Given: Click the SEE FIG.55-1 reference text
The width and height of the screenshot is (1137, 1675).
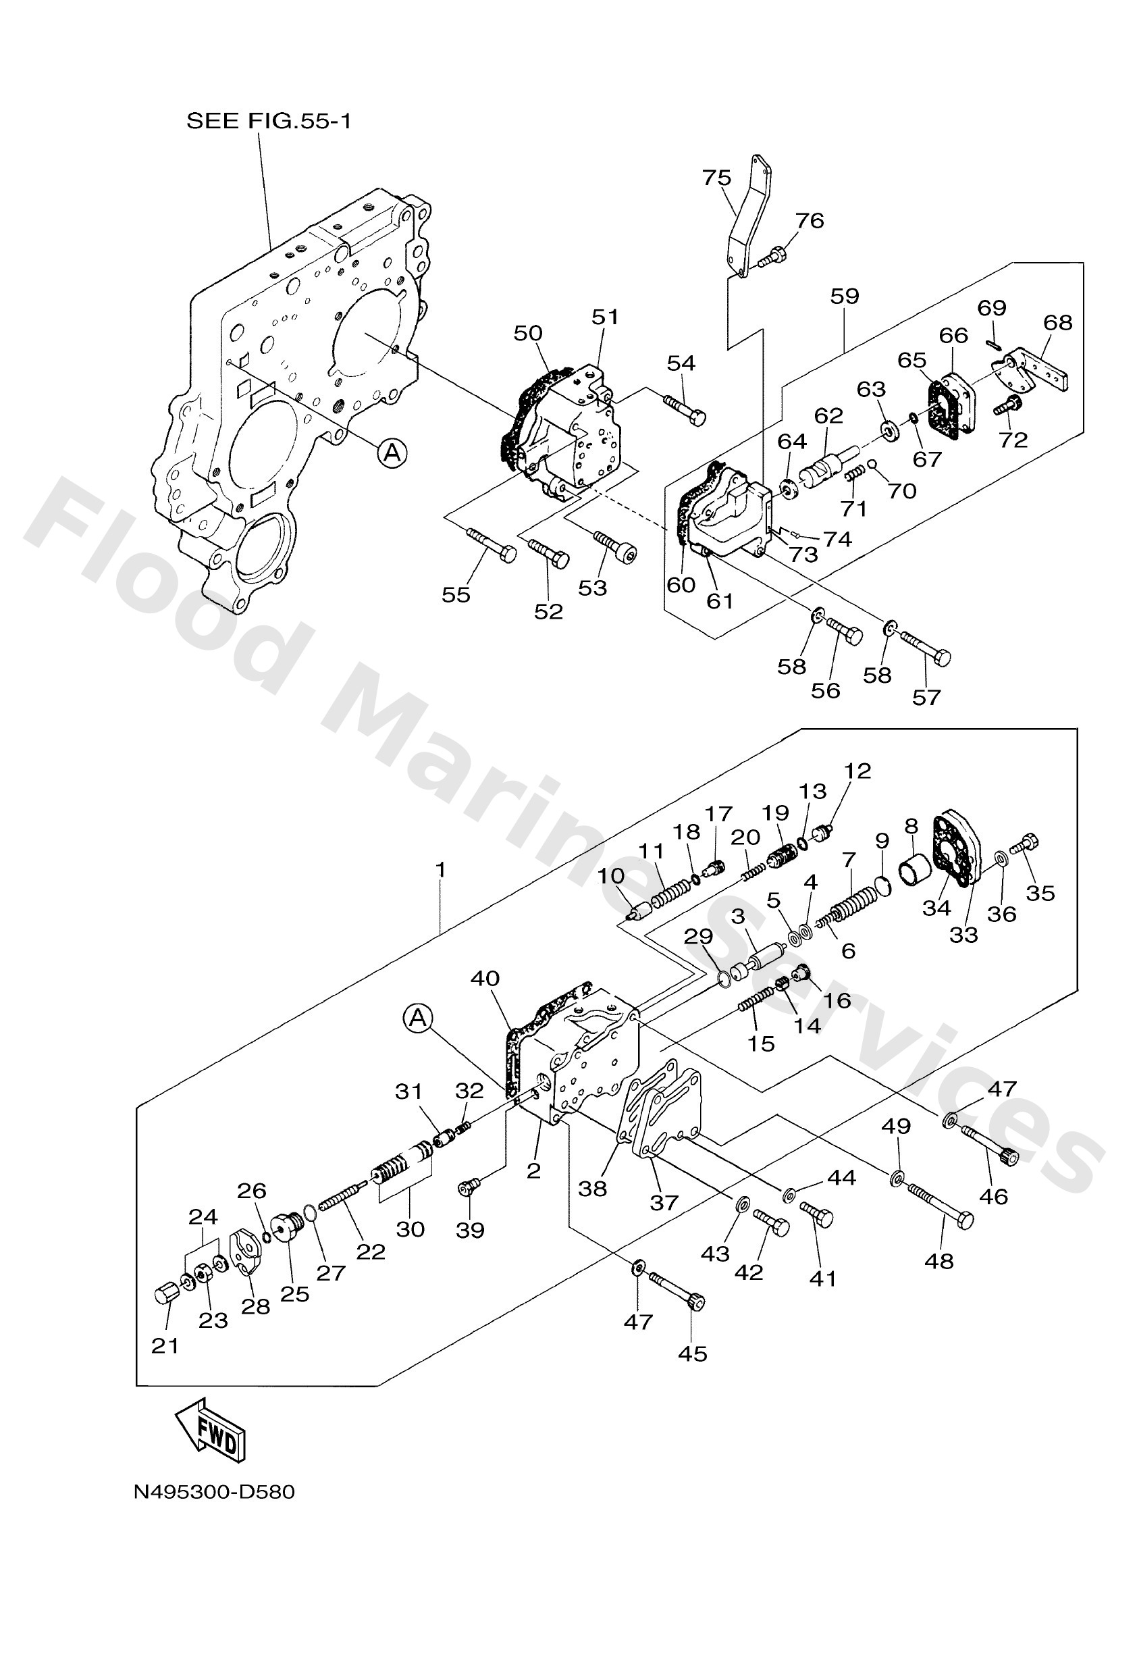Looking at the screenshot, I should [269, 120].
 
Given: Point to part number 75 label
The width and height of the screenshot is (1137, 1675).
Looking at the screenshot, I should [716, 178].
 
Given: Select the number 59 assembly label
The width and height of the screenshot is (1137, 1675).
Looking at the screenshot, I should [845, 296].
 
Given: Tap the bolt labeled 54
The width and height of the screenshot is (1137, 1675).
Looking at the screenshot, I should [685, 409].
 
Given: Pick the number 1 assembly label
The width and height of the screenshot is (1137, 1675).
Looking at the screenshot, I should [440, 870].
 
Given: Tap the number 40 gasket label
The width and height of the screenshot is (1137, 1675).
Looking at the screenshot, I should [484, 979].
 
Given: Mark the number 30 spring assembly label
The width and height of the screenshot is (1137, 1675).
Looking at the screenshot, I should [410, 1228].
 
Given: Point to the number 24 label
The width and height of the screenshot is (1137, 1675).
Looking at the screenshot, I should [203, 1217].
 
